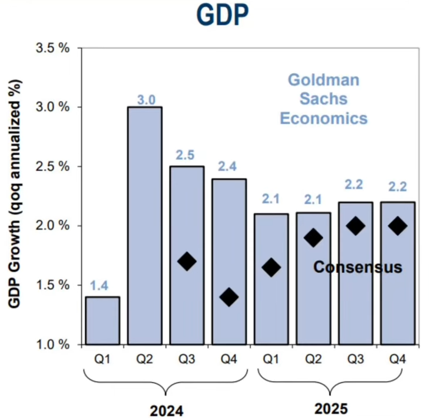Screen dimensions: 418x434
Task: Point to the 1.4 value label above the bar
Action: coord(100,287)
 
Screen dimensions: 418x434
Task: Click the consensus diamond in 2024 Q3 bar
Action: coord(187,261)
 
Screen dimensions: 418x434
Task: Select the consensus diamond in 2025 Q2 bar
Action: coord(313,238)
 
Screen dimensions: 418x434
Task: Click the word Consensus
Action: coord(357,267)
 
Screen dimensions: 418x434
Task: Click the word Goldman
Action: coord(323,80)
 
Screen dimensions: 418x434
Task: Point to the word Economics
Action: coord(323,118)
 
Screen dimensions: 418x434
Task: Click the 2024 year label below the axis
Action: coord(167,408)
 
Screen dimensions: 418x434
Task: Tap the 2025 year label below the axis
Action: coord(331,408)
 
